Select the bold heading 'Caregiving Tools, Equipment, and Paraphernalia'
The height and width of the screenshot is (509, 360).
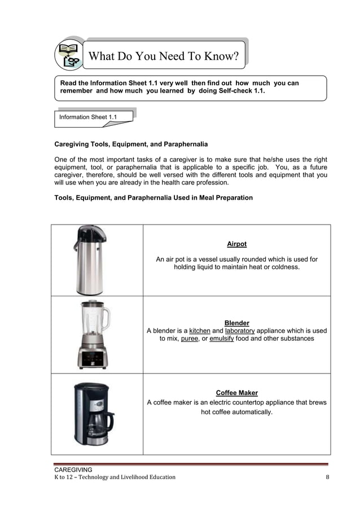pos(130,144)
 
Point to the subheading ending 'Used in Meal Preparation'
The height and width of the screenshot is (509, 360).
pos(153,198)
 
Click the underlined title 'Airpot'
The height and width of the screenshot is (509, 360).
pos(236,244)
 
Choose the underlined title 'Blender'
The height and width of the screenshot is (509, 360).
pos(236,323)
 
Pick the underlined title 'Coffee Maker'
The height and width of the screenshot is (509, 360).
pos(236,393)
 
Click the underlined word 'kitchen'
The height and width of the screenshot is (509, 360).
pos(199,331)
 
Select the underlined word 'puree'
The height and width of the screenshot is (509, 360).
pos(190,339)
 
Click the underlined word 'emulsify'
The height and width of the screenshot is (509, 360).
pos(222,339)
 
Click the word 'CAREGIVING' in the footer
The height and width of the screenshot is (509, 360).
pos(73,469)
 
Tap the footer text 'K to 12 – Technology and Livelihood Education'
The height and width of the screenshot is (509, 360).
pos(115,477)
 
